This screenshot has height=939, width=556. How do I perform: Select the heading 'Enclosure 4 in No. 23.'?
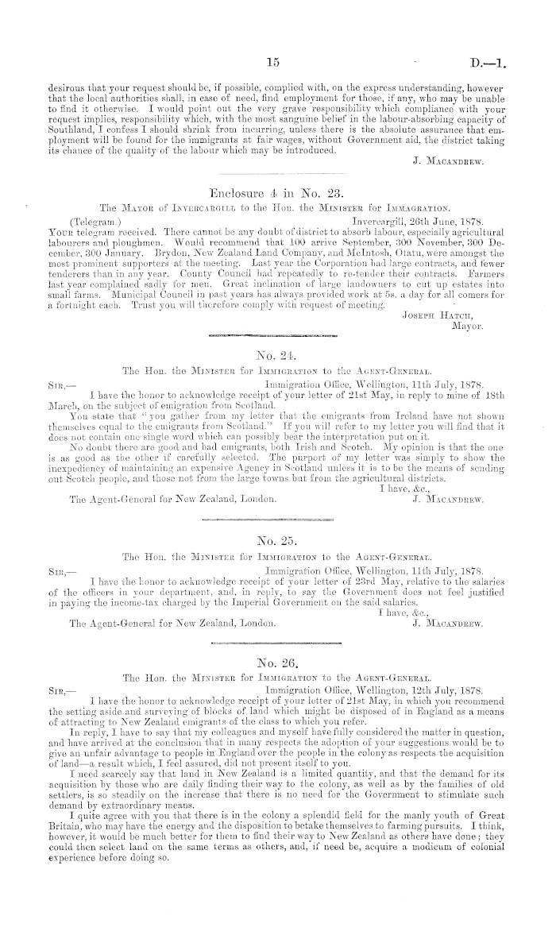(277, 192)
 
